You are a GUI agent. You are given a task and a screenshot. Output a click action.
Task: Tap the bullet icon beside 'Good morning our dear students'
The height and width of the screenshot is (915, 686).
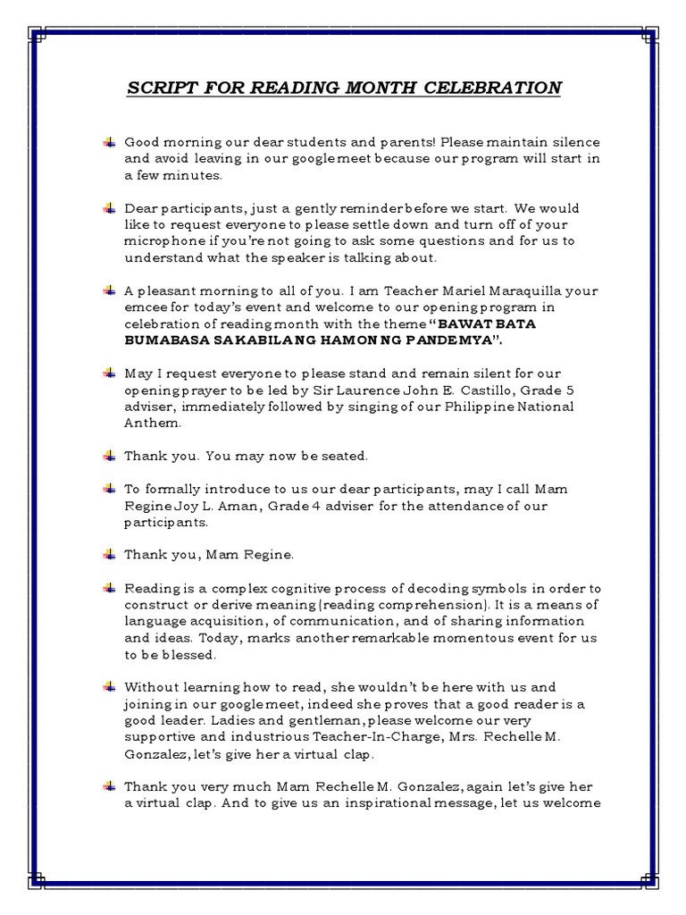point(109,142)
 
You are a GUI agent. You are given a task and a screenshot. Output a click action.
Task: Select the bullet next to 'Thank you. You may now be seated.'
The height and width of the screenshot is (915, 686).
point(109,456)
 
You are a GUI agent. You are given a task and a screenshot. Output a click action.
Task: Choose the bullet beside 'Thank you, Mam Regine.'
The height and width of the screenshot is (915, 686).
point(109,555)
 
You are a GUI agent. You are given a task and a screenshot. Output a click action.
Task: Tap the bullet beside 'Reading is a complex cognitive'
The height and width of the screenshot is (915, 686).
point(109,588)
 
